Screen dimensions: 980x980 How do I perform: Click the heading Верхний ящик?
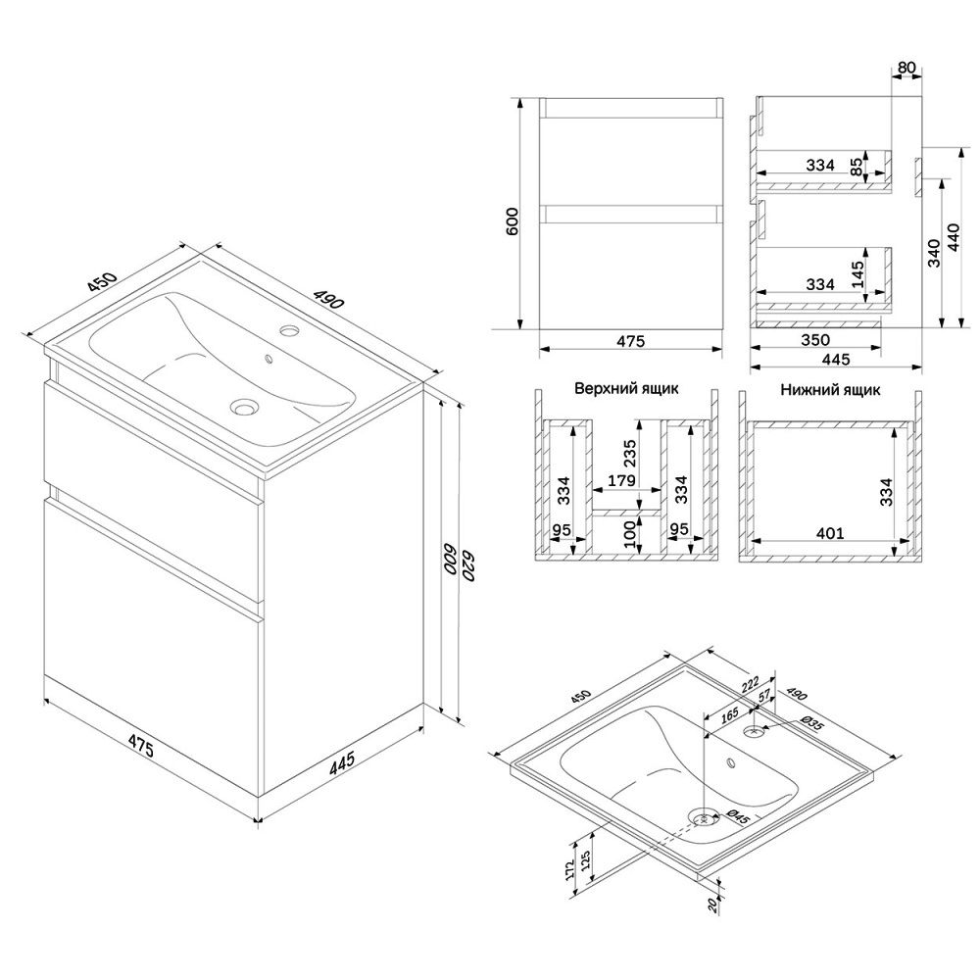(626, 388)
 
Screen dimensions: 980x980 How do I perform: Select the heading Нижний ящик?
(830, 390)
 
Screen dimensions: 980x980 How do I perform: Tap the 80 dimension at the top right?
(906, 67)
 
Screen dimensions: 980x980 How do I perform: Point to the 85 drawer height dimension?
(857, 166)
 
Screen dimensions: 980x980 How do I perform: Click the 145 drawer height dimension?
(858, 273)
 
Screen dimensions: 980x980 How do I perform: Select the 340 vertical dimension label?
(934, 253)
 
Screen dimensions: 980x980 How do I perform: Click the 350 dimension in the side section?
(815, 339)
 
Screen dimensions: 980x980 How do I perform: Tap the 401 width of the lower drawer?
(830, 533)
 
